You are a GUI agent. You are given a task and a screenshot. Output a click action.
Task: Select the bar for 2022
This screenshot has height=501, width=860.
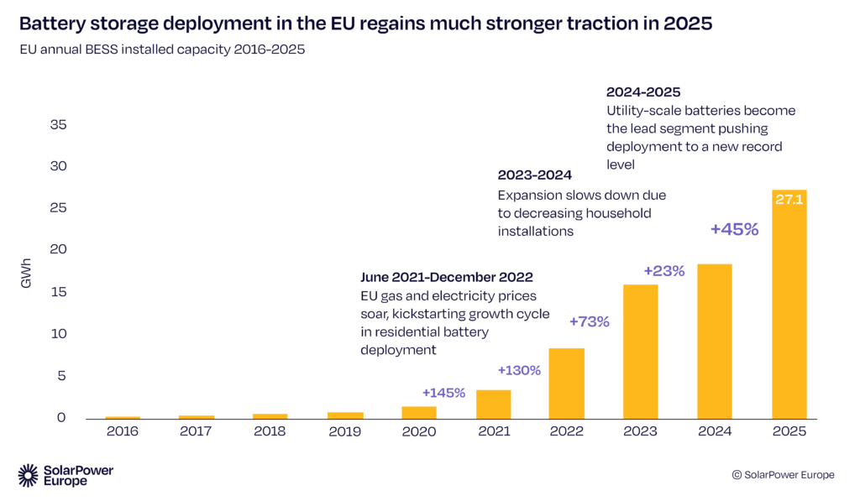point(566,384)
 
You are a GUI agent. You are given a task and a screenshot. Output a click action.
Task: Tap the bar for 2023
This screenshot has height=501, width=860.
point(641,352)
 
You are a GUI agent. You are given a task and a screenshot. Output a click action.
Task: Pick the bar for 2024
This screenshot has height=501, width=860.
point(715,342)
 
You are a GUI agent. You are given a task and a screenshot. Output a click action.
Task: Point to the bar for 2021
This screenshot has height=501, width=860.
point(493,404)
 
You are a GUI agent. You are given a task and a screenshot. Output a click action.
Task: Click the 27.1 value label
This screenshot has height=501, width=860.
point(789,201)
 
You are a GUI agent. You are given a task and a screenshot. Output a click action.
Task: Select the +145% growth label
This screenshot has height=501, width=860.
point(443,393)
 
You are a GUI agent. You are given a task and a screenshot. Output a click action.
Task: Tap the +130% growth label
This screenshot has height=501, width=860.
point(519,370)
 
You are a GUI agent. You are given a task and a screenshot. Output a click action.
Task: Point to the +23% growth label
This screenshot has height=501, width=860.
point(664,271)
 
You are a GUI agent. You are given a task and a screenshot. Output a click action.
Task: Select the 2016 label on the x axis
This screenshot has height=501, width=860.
point(123,431)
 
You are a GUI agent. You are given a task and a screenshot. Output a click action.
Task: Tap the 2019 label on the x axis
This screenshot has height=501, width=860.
point(345,431)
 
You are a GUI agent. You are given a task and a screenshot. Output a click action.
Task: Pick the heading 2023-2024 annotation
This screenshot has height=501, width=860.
point(534,175)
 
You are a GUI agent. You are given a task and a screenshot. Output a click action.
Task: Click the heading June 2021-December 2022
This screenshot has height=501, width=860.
point(446,277)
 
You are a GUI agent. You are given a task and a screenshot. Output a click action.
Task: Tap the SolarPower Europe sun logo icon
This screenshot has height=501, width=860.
point(28,475)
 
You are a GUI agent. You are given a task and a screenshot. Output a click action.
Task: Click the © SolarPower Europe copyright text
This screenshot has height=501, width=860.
point(783,475)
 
